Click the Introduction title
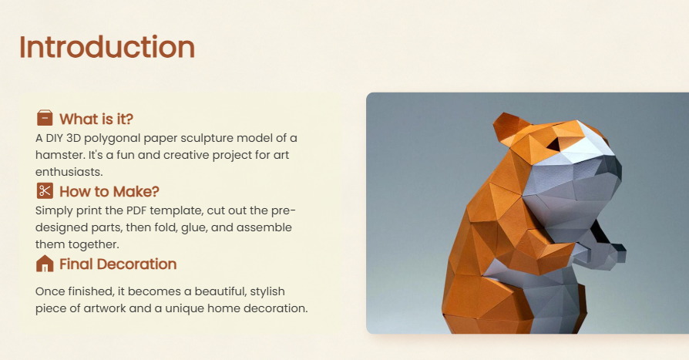[x=107, y=47]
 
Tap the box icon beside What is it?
[x=45, y=118]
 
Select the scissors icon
[x=45, y=190]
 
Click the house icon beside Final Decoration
[x=45, y=264]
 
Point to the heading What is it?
[x=96, y=119]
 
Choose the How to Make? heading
[x=109, y=192]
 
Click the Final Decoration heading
[x=118, y=264]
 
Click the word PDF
[x=136, y=210]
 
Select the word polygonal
[x=112, y=139]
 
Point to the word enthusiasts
[x=69, y=172]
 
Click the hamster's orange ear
[x=506, y=126]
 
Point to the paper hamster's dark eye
[x=553, y=144]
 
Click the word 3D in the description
[x=73, y=138]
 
